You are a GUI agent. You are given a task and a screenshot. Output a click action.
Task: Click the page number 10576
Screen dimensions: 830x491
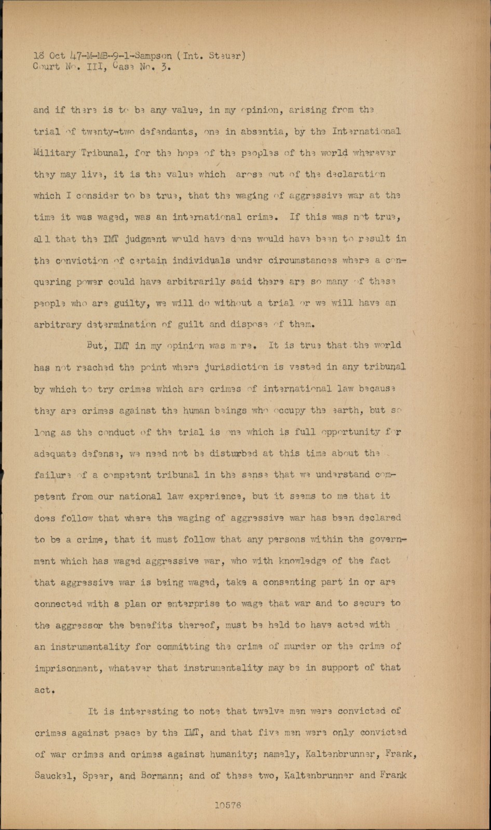(x=228, y=805)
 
